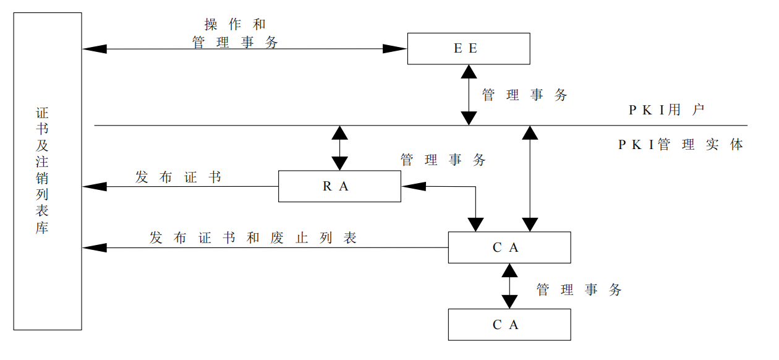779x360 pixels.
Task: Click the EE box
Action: click(468, 49)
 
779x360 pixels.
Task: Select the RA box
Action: click(339, 186)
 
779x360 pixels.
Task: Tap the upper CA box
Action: click(509, 247)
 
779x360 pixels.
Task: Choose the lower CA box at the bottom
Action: click(509, 325)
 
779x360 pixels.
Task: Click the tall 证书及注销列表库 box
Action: click(48, 171)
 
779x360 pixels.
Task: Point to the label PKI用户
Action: click(667, 110)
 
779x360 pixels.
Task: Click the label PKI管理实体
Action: click(681, 145)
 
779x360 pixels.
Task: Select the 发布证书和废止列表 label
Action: click(253, 238)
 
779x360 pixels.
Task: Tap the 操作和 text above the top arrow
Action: click(235, 24)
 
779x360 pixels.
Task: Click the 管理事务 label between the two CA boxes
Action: click(579, 289)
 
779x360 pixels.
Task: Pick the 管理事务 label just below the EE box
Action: click(524, 95)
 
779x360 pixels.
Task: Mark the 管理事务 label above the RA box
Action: click(443, 160)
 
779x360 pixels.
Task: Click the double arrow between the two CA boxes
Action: click(509, 286)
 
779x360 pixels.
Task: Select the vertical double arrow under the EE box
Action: click(469, 95)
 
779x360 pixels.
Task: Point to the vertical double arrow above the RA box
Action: click(339, 148)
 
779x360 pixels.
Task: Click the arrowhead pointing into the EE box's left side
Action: click(395, 49)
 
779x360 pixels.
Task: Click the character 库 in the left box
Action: click(42, 227)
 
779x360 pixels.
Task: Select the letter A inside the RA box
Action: click(344, 186)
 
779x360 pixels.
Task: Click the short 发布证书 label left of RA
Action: click(178, 177)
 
